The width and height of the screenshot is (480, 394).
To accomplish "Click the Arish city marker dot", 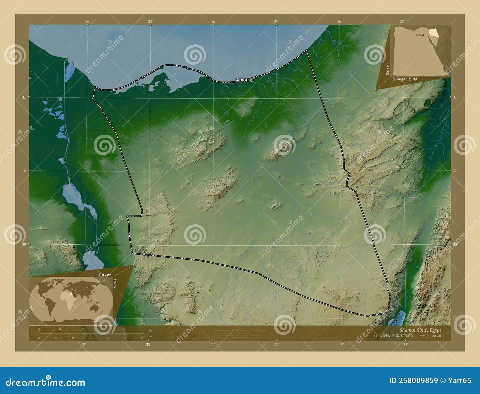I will [252, 80].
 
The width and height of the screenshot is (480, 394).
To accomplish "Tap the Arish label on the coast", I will [242, 80].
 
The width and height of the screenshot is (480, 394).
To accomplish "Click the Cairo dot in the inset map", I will [423, 35].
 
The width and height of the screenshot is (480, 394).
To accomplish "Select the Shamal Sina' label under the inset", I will [406, 79].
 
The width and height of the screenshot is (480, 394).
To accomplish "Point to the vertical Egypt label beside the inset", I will [387, 69].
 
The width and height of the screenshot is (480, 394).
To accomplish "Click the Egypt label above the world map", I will [105, 275].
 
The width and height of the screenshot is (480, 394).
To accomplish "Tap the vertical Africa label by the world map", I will [115, 283].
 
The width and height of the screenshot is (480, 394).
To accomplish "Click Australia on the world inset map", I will [96, 307].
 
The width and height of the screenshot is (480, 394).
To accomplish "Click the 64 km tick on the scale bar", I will [124, 329].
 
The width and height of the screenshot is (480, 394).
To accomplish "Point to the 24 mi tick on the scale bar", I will [90, 338].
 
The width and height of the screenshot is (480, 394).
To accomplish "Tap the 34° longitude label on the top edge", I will [276, 22].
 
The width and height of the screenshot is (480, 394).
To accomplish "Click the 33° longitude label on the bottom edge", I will [148, 345].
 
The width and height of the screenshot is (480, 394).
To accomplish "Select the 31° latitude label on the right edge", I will [455, 97].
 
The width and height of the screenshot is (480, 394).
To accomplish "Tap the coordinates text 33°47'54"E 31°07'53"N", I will [393, 335].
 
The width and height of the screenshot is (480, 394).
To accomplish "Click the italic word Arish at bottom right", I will [436, 335].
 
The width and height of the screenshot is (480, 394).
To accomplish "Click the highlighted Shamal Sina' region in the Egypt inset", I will [433, 33].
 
